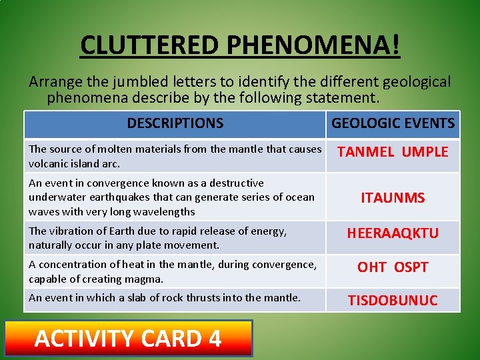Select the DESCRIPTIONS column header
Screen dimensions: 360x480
point(175,123)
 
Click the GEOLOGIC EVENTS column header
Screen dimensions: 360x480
point(393,123)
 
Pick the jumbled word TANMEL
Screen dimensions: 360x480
point(366,152)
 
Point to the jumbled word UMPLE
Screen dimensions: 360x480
point(425,152)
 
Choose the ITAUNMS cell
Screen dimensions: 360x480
point(393,197)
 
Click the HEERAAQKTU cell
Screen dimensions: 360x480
point(393,233)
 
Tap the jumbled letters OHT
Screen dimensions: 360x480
point(372,267)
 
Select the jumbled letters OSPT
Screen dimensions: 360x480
point(411,267)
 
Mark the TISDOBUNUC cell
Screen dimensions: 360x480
point(393,301)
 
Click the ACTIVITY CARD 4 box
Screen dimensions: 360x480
point(129,339)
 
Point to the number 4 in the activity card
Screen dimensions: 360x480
point(214,339)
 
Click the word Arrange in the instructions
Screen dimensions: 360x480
point(55,82)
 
